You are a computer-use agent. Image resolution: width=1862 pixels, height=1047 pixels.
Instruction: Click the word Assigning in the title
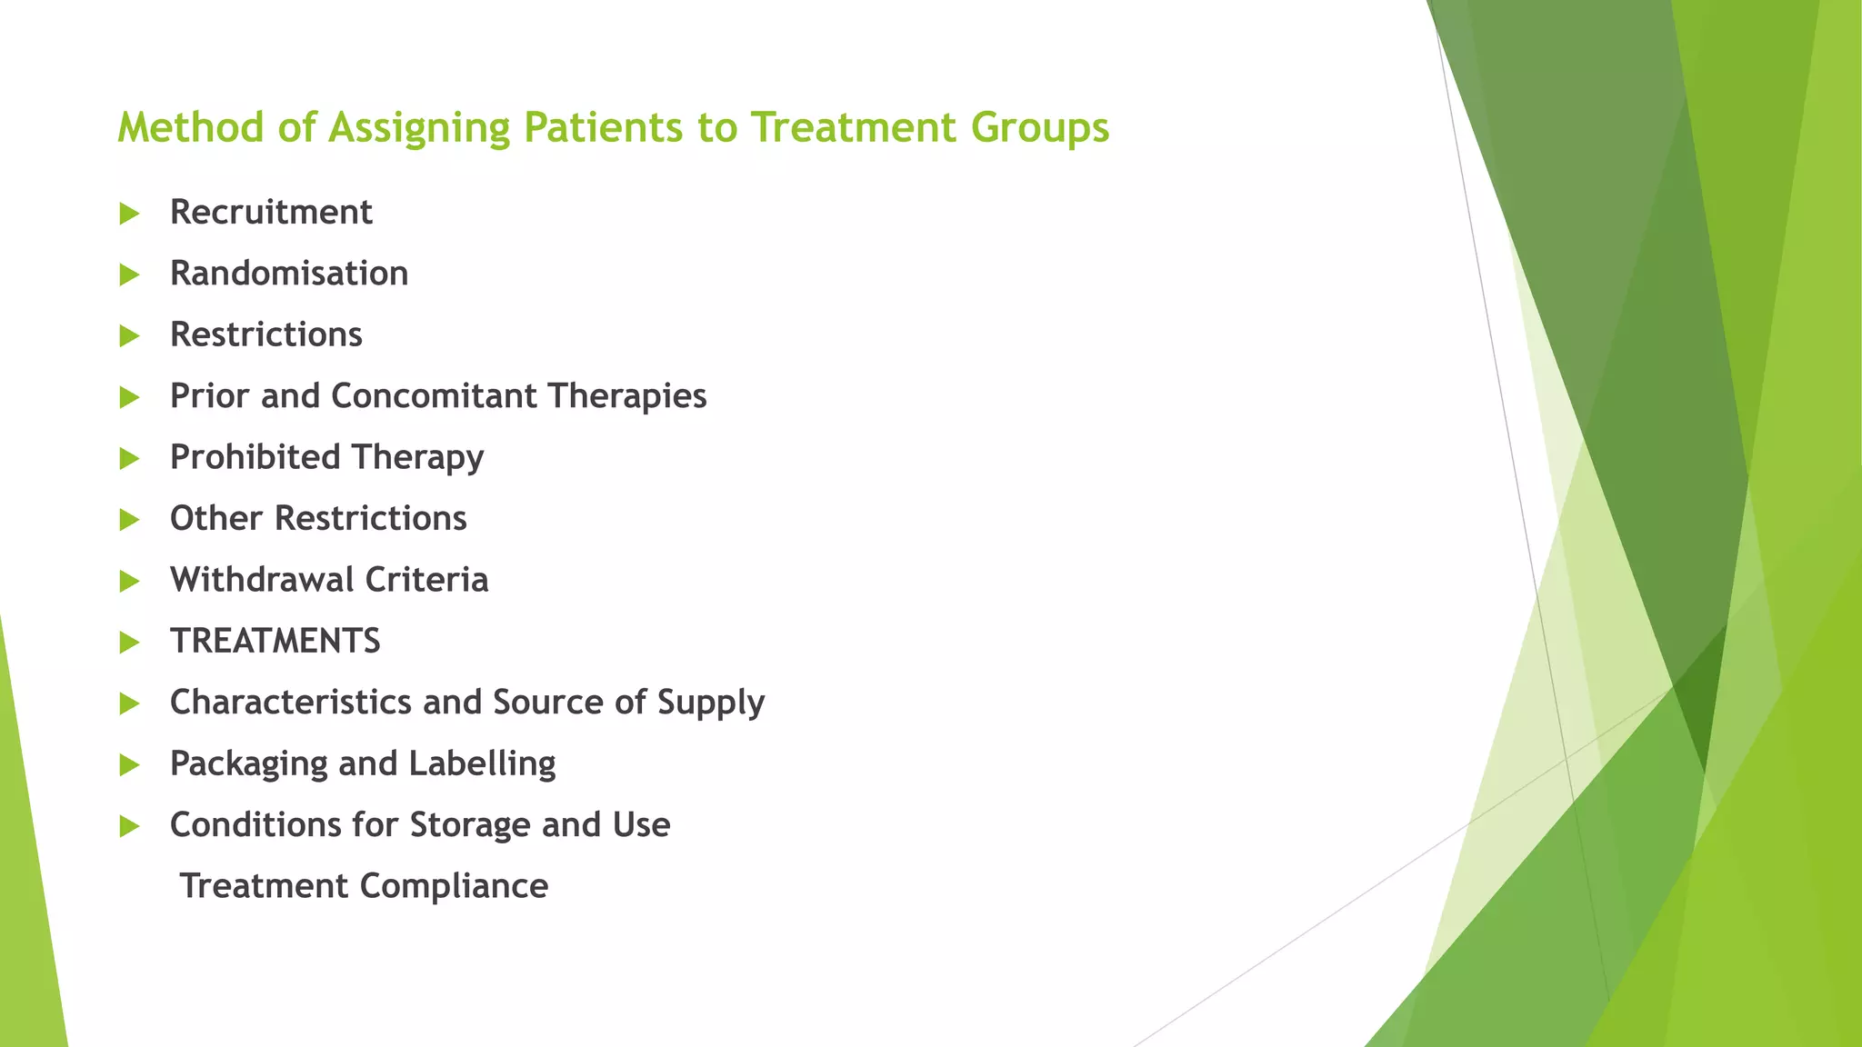tap(419, 128)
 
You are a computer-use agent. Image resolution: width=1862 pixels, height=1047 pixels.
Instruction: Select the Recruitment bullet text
tap(271, 213)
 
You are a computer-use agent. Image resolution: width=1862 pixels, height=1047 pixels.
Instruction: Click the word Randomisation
tap(289, 274)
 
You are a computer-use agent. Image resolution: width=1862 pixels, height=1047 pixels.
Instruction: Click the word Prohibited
tap(255, 457)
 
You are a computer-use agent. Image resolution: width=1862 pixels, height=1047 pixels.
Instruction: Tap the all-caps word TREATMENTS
tap(275, 642)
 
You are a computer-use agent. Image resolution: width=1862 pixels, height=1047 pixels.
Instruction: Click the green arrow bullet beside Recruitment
tap(129, 214)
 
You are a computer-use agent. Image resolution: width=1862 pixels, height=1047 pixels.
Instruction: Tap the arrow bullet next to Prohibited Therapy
tap(129, 459)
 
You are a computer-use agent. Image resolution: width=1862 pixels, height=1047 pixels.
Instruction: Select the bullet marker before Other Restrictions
tap(129, 520)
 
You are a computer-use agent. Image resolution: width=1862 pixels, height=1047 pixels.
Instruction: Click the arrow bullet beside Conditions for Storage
tap(129, 826)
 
